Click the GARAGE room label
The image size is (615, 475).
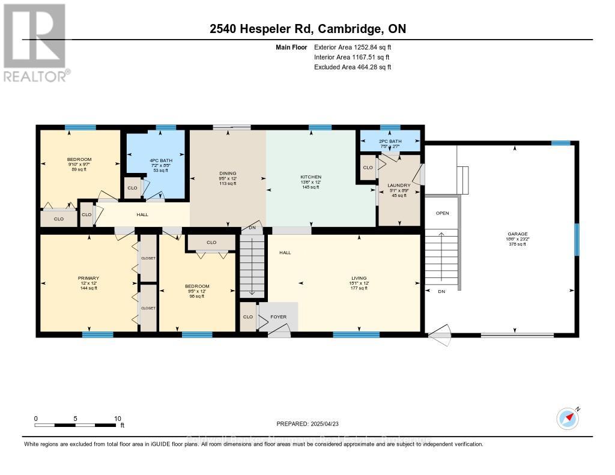(x=516, y=234)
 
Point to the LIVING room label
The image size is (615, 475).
(x=359, y=278)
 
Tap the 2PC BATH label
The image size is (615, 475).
(x=390, y=141)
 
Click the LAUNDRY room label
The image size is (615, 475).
(x=399, y=185)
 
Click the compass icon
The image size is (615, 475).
(x=567, y=417)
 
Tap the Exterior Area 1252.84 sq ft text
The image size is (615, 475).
(x=353, y=47)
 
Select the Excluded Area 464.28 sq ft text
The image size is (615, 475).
(x=353, y=67)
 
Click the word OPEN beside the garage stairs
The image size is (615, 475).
(x=442, y=213)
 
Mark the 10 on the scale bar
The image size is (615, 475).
(x=118, y=419)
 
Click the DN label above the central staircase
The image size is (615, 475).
(x=253, y=228)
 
